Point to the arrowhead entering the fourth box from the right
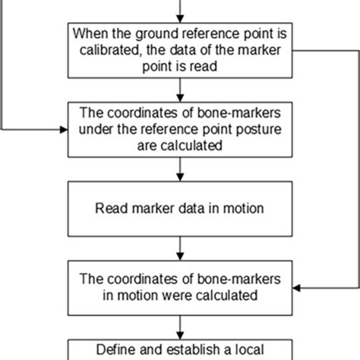pos(297,287)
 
